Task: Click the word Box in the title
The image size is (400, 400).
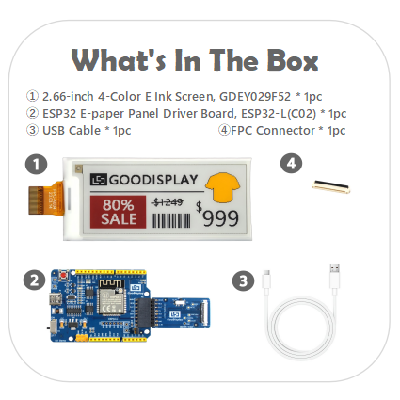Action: tap(293, 60)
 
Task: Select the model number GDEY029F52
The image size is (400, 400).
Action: tap(255, 97)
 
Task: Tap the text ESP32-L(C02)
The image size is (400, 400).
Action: tap(279, 114)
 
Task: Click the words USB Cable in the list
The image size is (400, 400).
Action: tap(72, 131)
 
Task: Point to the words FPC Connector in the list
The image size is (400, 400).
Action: tap(273, 131)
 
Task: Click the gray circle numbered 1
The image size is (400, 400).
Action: tap(37, 165)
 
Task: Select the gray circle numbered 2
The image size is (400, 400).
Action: tap(34, 280)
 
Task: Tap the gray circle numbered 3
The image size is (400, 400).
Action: tap(243, 280)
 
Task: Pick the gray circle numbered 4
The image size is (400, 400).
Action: tap(291, 164)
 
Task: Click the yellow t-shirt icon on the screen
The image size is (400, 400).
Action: tap(223, 186)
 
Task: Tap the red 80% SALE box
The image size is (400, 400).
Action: tap(118, 212)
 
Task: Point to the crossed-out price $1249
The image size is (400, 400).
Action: tap(168, 202)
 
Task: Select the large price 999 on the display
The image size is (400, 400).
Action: tap(220, 218)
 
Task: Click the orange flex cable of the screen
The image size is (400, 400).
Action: tap(46, 199)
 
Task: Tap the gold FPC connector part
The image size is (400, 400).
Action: tap(331, 186)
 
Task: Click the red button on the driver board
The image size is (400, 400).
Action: tap(64, 275)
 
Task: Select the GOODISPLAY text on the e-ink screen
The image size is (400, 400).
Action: tap(153, 180)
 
